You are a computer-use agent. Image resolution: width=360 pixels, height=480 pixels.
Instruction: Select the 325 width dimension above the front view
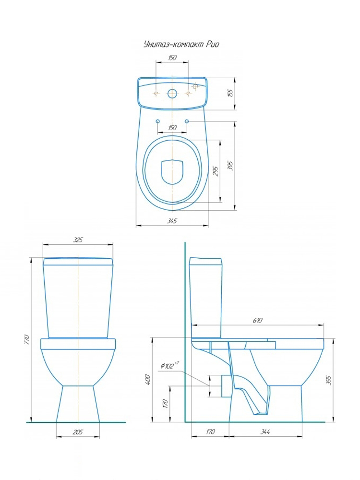[x=78, y=240]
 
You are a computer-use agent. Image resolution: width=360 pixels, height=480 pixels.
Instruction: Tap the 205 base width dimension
[x=78, y=432]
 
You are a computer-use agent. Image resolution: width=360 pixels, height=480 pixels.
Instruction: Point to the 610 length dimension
[x=257, y=320]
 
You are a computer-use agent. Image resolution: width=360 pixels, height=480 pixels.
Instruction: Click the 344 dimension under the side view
[x=265, y=432]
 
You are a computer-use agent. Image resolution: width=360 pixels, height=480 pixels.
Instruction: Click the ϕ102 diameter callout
[x=169, y=365]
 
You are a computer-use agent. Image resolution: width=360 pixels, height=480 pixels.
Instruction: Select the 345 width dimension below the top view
[x=172, y=221]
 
